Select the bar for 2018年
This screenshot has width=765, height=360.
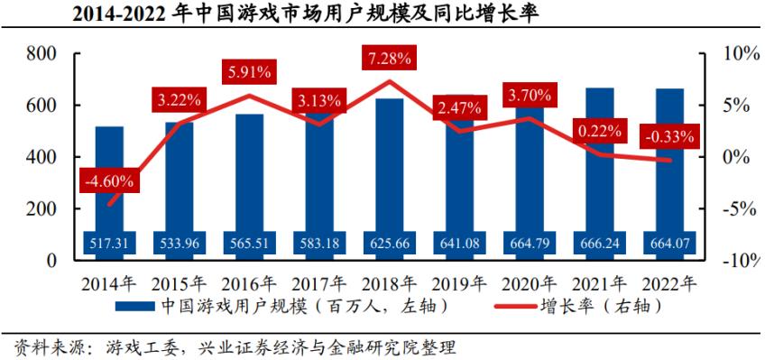[390, 171]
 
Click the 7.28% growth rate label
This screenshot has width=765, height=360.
[390, 59]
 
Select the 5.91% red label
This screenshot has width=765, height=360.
[250, 70]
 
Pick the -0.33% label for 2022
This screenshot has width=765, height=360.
[669, 137]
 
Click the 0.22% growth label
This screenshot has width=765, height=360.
[600, 132]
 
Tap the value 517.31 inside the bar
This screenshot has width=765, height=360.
[109, 242]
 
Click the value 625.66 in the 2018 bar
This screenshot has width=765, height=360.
[390, 242]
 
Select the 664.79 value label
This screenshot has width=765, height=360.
[530, 242]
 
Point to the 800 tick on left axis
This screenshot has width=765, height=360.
[43, 54]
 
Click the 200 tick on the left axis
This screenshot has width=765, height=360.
[43, 208]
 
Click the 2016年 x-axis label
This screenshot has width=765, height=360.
[250, 282]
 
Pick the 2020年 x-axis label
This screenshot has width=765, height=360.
[530, 282]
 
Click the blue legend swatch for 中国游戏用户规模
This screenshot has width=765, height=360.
[135, 307]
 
